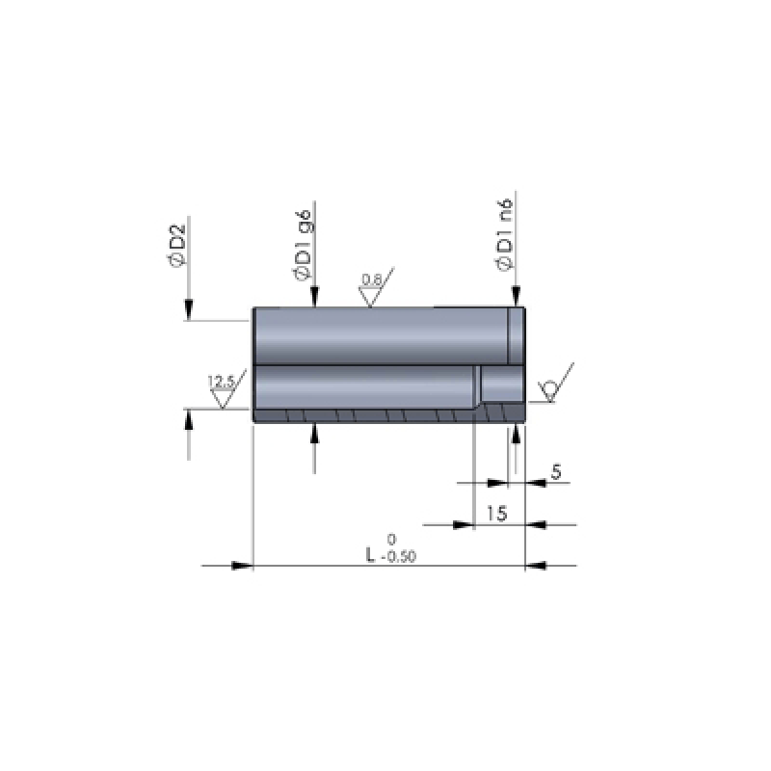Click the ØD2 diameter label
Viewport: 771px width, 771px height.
176,245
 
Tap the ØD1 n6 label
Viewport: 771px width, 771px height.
504,234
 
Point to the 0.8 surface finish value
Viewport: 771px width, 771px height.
371,279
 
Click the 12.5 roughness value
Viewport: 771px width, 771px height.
222,381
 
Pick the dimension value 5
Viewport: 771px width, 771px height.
556,472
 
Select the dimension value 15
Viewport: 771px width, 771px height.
496,514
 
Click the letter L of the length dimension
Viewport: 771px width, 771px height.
370,556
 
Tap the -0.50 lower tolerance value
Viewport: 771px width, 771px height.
399,557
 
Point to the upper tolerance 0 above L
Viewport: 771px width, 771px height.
391,540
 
